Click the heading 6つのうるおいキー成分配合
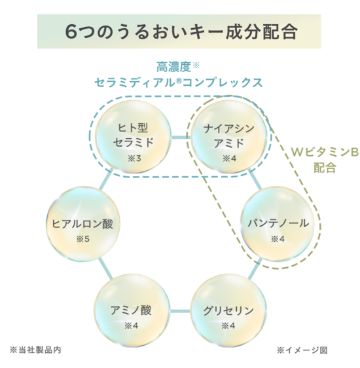(181, 31)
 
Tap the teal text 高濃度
(173, 67)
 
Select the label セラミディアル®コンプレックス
(178, 83)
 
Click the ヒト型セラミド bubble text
(134, 136)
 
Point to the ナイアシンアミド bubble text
(229, 136)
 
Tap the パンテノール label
(278, 223)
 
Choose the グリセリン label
(228, 311)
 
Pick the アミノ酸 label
(132, 310)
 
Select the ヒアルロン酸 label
(82, 223)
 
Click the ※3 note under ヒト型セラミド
(134, 158)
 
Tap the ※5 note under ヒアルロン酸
(82, 239)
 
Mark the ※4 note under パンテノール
(278, 239)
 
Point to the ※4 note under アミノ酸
(132, 325)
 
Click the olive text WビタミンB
(325, 153)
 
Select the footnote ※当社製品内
(35, 350)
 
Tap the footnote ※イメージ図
(302, 350)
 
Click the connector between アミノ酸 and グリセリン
(180, 311)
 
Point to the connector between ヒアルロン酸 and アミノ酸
(105, 268)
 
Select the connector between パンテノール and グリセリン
(255, 268)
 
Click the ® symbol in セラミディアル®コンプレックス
(179, 81)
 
